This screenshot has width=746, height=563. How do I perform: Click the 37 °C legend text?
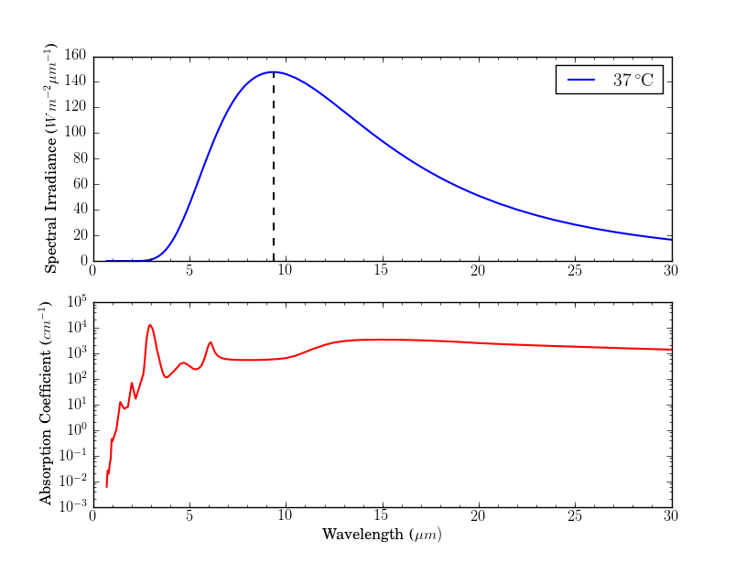[x=632, y=81]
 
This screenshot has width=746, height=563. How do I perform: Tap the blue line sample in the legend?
[x=582, y=81]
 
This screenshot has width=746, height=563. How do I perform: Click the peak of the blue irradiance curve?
[x=274, y=71]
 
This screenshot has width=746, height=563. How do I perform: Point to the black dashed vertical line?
[x=274, y=165]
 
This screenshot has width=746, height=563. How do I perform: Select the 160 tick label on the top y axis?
[x=75, y=56]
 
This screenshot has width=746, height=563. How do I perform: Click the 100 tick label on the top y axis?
[x=75, y=133]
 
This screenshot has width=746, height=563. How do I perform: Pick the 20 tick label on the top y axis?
[x=79, y=235]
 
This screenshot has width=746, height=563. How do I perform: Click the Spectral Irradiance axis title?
[x=52, y=158]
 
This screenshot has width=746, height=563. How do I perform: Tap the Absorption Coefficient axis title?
[x=46, y=404]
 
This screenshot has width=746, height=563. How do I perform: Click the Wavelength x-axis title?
[x=382, y=534]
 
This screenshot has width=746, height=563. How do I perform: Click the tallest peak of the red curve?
[x=150, y=324]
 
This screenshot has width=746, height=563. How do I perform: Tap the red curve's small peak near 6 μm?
[x=211, y=342]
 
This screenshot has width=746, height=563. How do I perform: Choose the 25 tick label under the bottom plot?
[x=575, y=517]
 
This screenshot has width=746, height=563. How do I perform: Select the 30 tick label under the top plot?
[x=671, y=272]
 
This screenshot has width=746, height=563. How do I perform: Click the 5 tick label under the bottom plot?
[x=189, y=517]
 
